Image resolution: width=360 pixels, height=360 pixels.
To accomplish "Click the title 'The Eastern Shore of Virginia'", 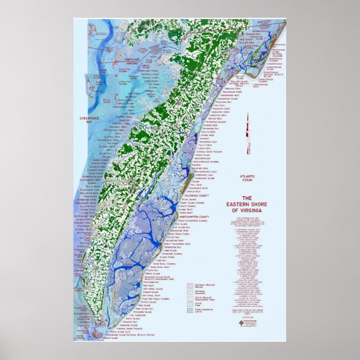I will [247, 204].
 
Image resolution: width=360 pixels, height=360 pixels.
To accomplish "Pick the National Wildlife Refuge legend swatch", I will [190, 285].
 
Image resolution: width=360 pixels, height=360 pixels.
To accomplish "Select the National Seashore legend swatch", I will [190, 292].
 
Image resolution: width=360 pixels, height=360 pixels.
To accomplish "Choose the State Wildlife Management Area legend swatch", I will [190, 299].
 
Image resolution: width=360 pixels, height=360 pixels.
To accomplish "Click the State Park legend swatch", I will [190, 305].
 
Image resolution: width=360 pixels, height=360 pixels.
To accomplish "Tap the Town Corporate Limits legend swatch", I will [190, 311].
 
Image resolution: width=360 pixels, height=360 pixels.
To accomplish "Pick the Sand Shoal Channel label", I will [167, 263].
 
